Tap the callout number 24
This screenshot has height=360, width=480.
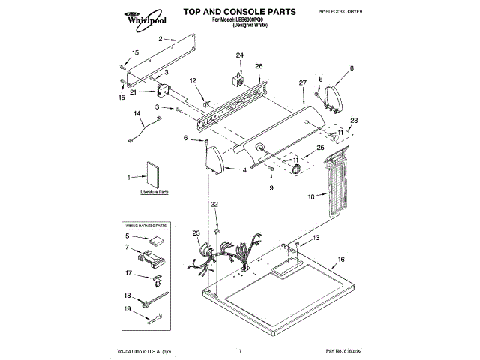click(240, 56)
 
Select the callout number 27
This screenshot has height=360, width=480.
click(303, 82)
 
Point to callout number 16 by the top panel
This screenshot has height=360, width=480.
click(340, 259)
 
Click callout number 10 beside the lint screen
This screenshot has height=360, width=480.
click(311, 197)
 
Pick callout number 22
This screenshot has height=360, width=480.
click(214, 204)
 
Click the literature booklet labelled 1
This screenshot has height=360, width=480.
click(154, 175)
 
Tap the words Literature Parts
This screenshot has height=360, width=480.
click(154, 193)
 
